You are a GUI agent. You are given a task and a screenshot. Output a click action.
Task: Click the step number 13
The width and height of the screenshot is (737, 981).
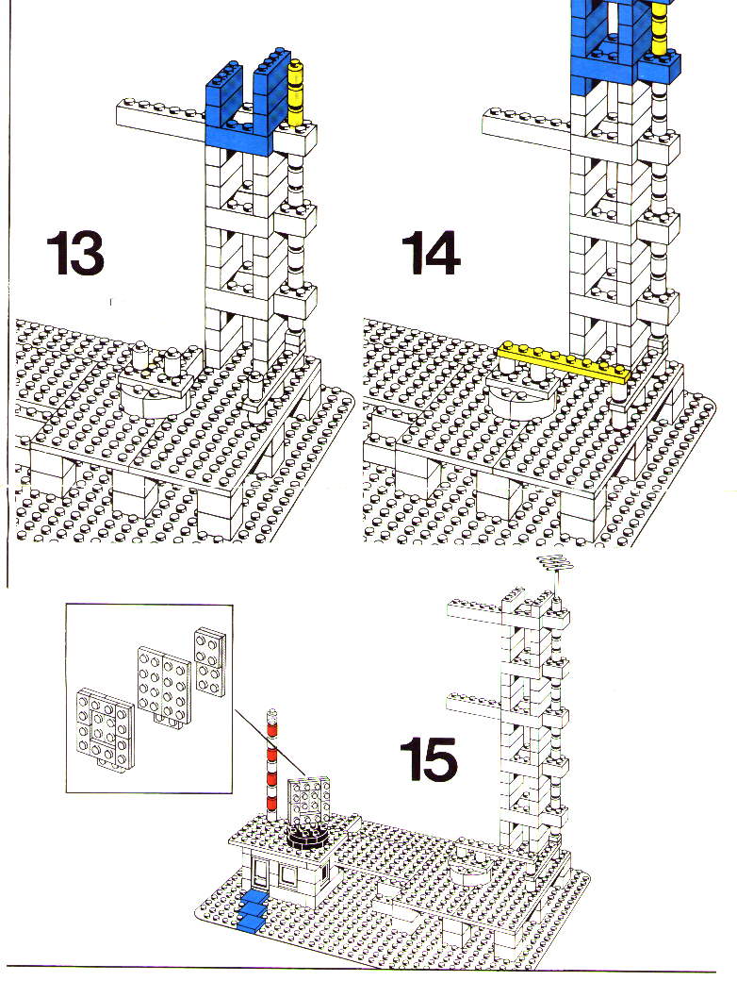pyautogui.click(x=75, y=253)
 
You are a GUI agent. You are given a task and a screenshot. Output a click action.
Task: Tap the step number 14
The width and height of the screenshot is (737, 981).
pyautogui.click(x=430, y=253)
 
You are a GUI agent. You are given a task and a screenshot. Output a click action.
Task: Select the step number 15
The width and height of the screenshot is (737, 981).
pyautogui.click(x=429, y=758)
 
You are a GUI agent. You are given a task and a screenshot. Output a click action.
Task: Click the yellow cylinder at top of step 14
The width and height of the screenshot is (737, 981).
pyautogui.click(x=659, y=28)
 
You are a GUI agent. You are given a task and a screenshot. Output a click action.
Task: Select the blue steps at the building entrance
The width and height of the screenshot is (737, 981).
pyautogui.click(x=252, y=911)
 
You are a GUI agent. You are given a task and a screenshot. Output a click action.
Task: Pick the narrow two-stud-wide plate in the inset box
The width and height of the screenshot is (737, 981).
pyautogui.click(x=210, y=660)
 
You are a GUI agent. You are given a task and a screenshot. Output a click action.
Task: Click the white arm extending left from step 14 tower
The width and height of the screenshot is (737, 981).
pyautogui.click(x=526, y=129)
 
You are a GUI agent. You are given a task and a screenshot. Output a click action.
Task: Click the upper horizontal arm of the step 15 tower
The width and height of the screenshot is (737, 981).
pyautogui.click(x=475, y=609)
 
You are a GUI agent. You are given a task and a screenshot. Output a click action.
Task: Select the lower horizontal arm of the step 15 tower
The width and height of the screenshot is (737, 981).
pyautogui.click(x=475, y=705)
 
